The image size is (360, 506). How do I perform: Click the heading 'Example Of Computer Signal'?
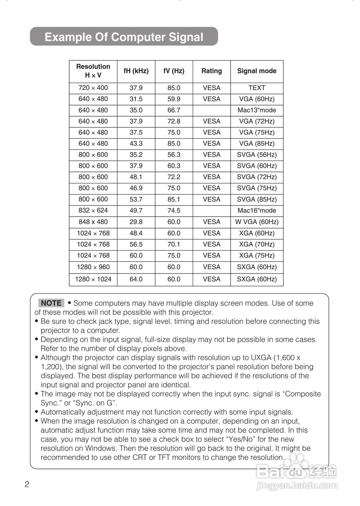(x=124, y=37)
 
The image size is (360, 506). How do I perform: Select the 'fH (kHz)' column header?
(x=136, y=71)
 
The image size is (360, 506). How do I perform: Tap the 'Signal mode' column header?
(x=257, y=71)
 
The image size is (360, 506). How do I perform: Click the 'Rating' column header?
(x=212, y=71)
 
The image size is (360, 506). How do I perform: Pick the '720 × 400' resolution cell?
(x=93, y=88)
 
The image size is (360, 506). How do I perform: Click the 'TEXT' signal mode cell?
(x=257, y=88)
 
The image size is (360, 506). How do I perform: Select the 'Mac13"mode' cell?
(x=257, y=110)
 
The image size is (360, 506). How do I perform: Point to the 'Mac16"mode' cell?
(x=257, y=211)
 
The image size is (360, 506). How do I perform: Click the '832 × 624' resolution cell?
(x=93, y=210)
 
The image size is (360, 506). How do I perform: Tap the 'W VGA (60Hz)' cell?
(x=257, y=222)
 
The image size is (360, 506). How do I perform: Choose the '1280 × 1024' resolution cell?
(x=93, y=279)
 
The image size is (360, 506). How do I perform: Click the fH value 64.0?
(x=136, y=279)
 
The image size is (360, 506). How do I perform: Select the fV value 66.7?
(x=174, y=110)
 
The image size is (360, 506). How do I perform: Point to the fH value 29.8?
(x=136, y=222)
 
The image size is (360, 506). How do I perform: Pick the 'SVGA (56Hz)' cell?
(x=257, y=155)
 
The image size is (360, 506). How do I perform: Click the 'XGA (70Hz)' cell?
(x=257, y=244)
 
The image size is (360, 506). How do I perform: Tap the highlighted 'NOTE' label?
(x=51, y=303)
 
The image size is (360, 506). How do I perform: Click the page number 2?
(x=27, y=485)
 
